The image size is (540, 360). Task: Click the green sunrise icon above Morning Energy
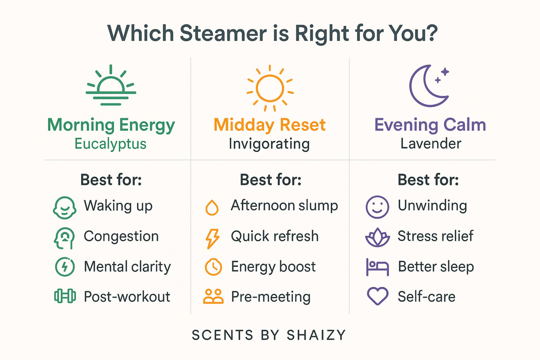(111, 86)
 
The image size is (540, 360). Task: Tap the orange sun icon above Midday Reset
(270, 89)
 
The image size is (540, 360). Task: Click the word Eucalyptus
(110, 144)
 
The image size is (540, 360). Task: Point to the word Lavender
(431, 144)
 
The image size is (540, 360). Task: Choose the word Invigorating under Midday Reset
(269, 144)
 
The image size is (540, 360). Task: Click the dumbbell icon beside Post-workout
(65, 296)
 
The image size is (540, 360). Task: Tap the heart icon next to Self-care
(377, 296)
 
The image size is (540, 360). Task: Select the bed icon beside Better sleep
(377, 267)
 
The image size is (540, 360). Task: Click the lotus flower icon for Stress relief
(377, 237)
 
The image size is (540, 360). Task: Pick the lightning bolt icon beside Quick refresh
(213, 238)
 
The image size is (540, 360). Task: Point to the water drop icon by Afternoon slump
(212, 207)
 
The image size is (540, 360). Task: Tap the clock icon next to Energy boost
(213, 267)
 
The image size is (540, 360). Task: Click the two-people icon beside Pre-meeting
(213, 296)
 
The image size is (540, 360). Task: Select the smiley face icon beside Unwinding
(377, 207)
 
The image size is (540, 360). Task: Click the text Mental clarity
(127, 267)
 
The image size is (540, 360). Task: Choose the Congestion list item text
(121, 236)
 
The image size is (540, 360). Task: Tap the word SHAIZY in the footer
(316, 335)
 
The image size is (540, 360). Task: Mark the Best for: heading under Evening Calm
(428, 180)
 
